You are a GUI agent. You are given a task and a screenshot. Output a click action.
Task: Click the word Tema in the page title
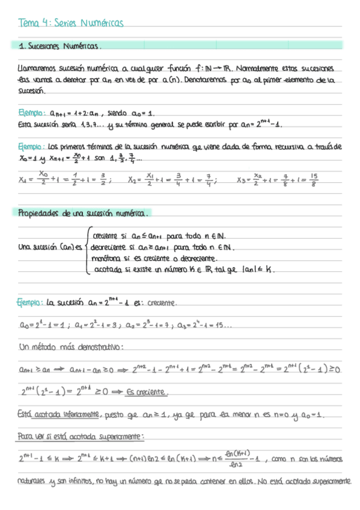pyautogui.click(x=28, y=23)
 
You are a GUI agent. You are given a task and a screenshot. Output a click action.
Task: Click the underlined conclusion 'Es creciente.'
pyautogui.click(x=147, y=392)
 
